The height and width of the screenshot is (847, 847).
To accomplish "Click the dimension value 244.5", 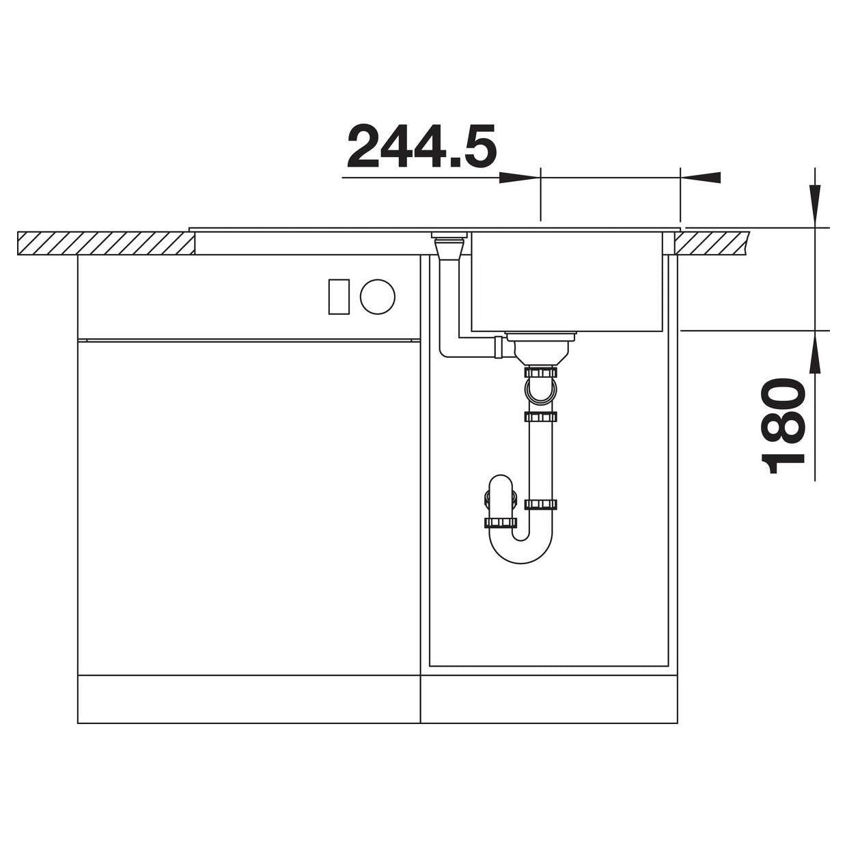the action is [x=422, y=146].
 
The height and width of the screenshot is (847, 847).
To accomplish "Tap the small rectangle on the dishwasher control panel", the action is [x=339, y=296].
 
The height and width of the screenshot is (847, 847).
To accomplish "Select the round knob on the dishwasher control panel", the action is [x=378, y=296].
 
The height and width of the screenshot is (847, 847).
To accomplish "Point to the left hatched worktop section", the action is [x=106, y=243].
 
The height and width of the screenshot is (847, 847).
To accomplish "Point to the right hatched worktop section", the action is [x=712, y=243].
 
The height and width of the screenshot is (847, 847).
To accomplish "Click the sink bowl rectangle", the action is [x=566, y=281].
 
